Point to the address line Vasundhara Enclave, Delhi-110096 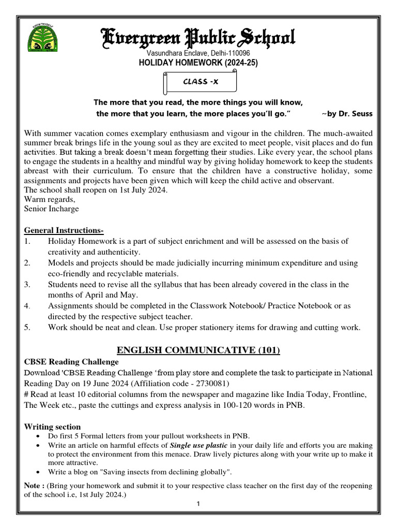198,53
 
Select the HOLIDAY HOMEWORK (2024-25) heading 198,63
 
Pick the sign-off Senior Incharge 52,209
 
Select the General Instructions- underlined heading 64,230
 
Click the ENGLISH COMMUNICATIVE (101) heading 198,350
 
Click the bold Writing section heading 53,427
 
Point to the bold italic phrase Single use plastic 199,445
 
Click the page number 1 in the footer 198,505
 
